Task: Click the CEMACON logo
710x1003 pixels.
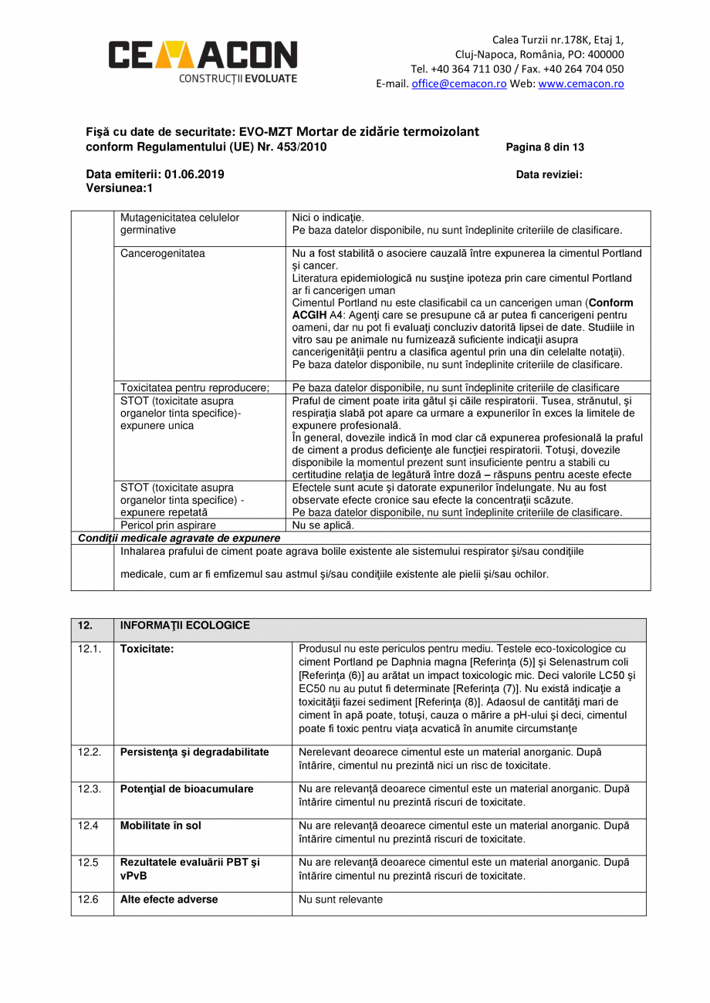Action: pos(202,60)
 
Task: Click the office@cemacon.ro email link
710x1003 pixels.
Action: pos(458,84)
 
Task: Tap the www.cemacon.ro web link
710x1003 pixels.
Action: pos(581,84)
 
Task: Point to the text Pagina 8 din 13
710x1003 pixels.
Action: pos(545,147)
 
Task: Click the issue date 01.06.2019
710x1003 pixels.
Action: pos(194,174)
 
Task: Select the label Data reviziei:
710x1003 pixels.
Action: pos(549,174)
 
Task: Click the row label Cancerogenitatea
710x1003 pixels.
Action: pos(163,253)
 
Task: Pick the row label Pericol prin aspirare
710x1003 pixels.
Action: pos(168,525)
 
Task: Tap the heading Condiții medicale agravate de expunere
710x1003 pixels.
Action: pos(179,538)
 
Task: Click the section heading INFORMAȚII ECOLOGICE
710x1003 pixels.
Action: pos(184,626)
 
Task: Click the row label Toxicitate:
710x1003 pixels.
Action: pos(147,649)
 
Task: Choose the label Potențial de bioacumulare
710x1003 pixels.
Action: pos(187,789)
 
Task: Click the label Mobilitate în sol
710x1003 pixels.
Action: pos(161,826)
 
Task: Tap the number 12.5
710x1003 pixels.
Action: pos(88,863)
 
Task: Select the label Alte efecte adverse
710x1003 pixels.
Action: pos(169,900)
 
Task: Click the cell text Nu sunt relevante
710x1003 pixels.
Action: pos(340,900)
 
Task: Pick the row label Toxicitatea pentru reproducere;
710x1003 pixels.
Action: pos(194,387)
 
